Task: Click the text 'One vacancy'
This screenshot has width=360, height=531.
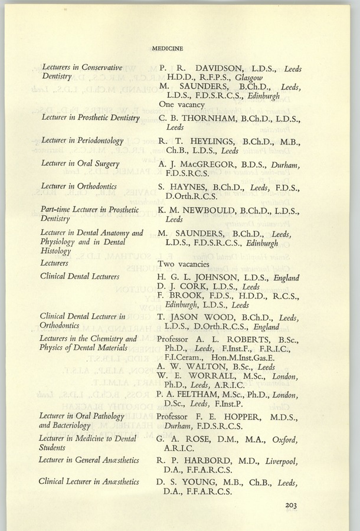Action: (181, 104)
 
